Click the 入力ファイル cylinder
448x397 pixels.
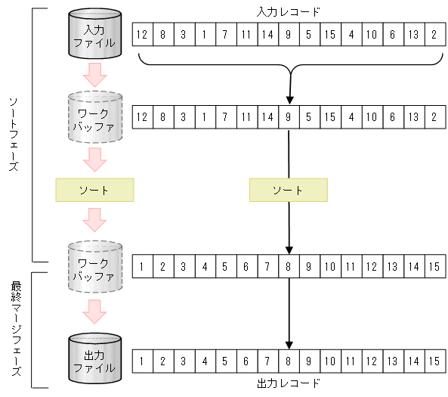point(94,36)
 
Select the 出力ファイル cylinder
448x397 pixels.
point(94,360)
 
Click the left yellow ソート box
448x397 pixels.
point(94,190)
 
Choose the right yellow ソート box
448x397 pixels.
point(288,190)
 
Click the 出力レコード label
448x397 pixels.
point(288,383)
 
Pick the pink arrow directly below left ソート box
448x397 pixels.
point(94,219)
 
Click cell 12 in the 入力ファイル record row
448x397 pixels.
point(142,36)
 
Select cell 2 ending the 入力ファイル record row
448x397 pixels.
point(434,36)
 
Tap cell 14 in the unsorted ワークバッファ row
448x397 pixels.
point(267,117)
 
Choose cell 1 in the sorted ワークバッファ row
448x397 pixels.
point(142,267)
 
